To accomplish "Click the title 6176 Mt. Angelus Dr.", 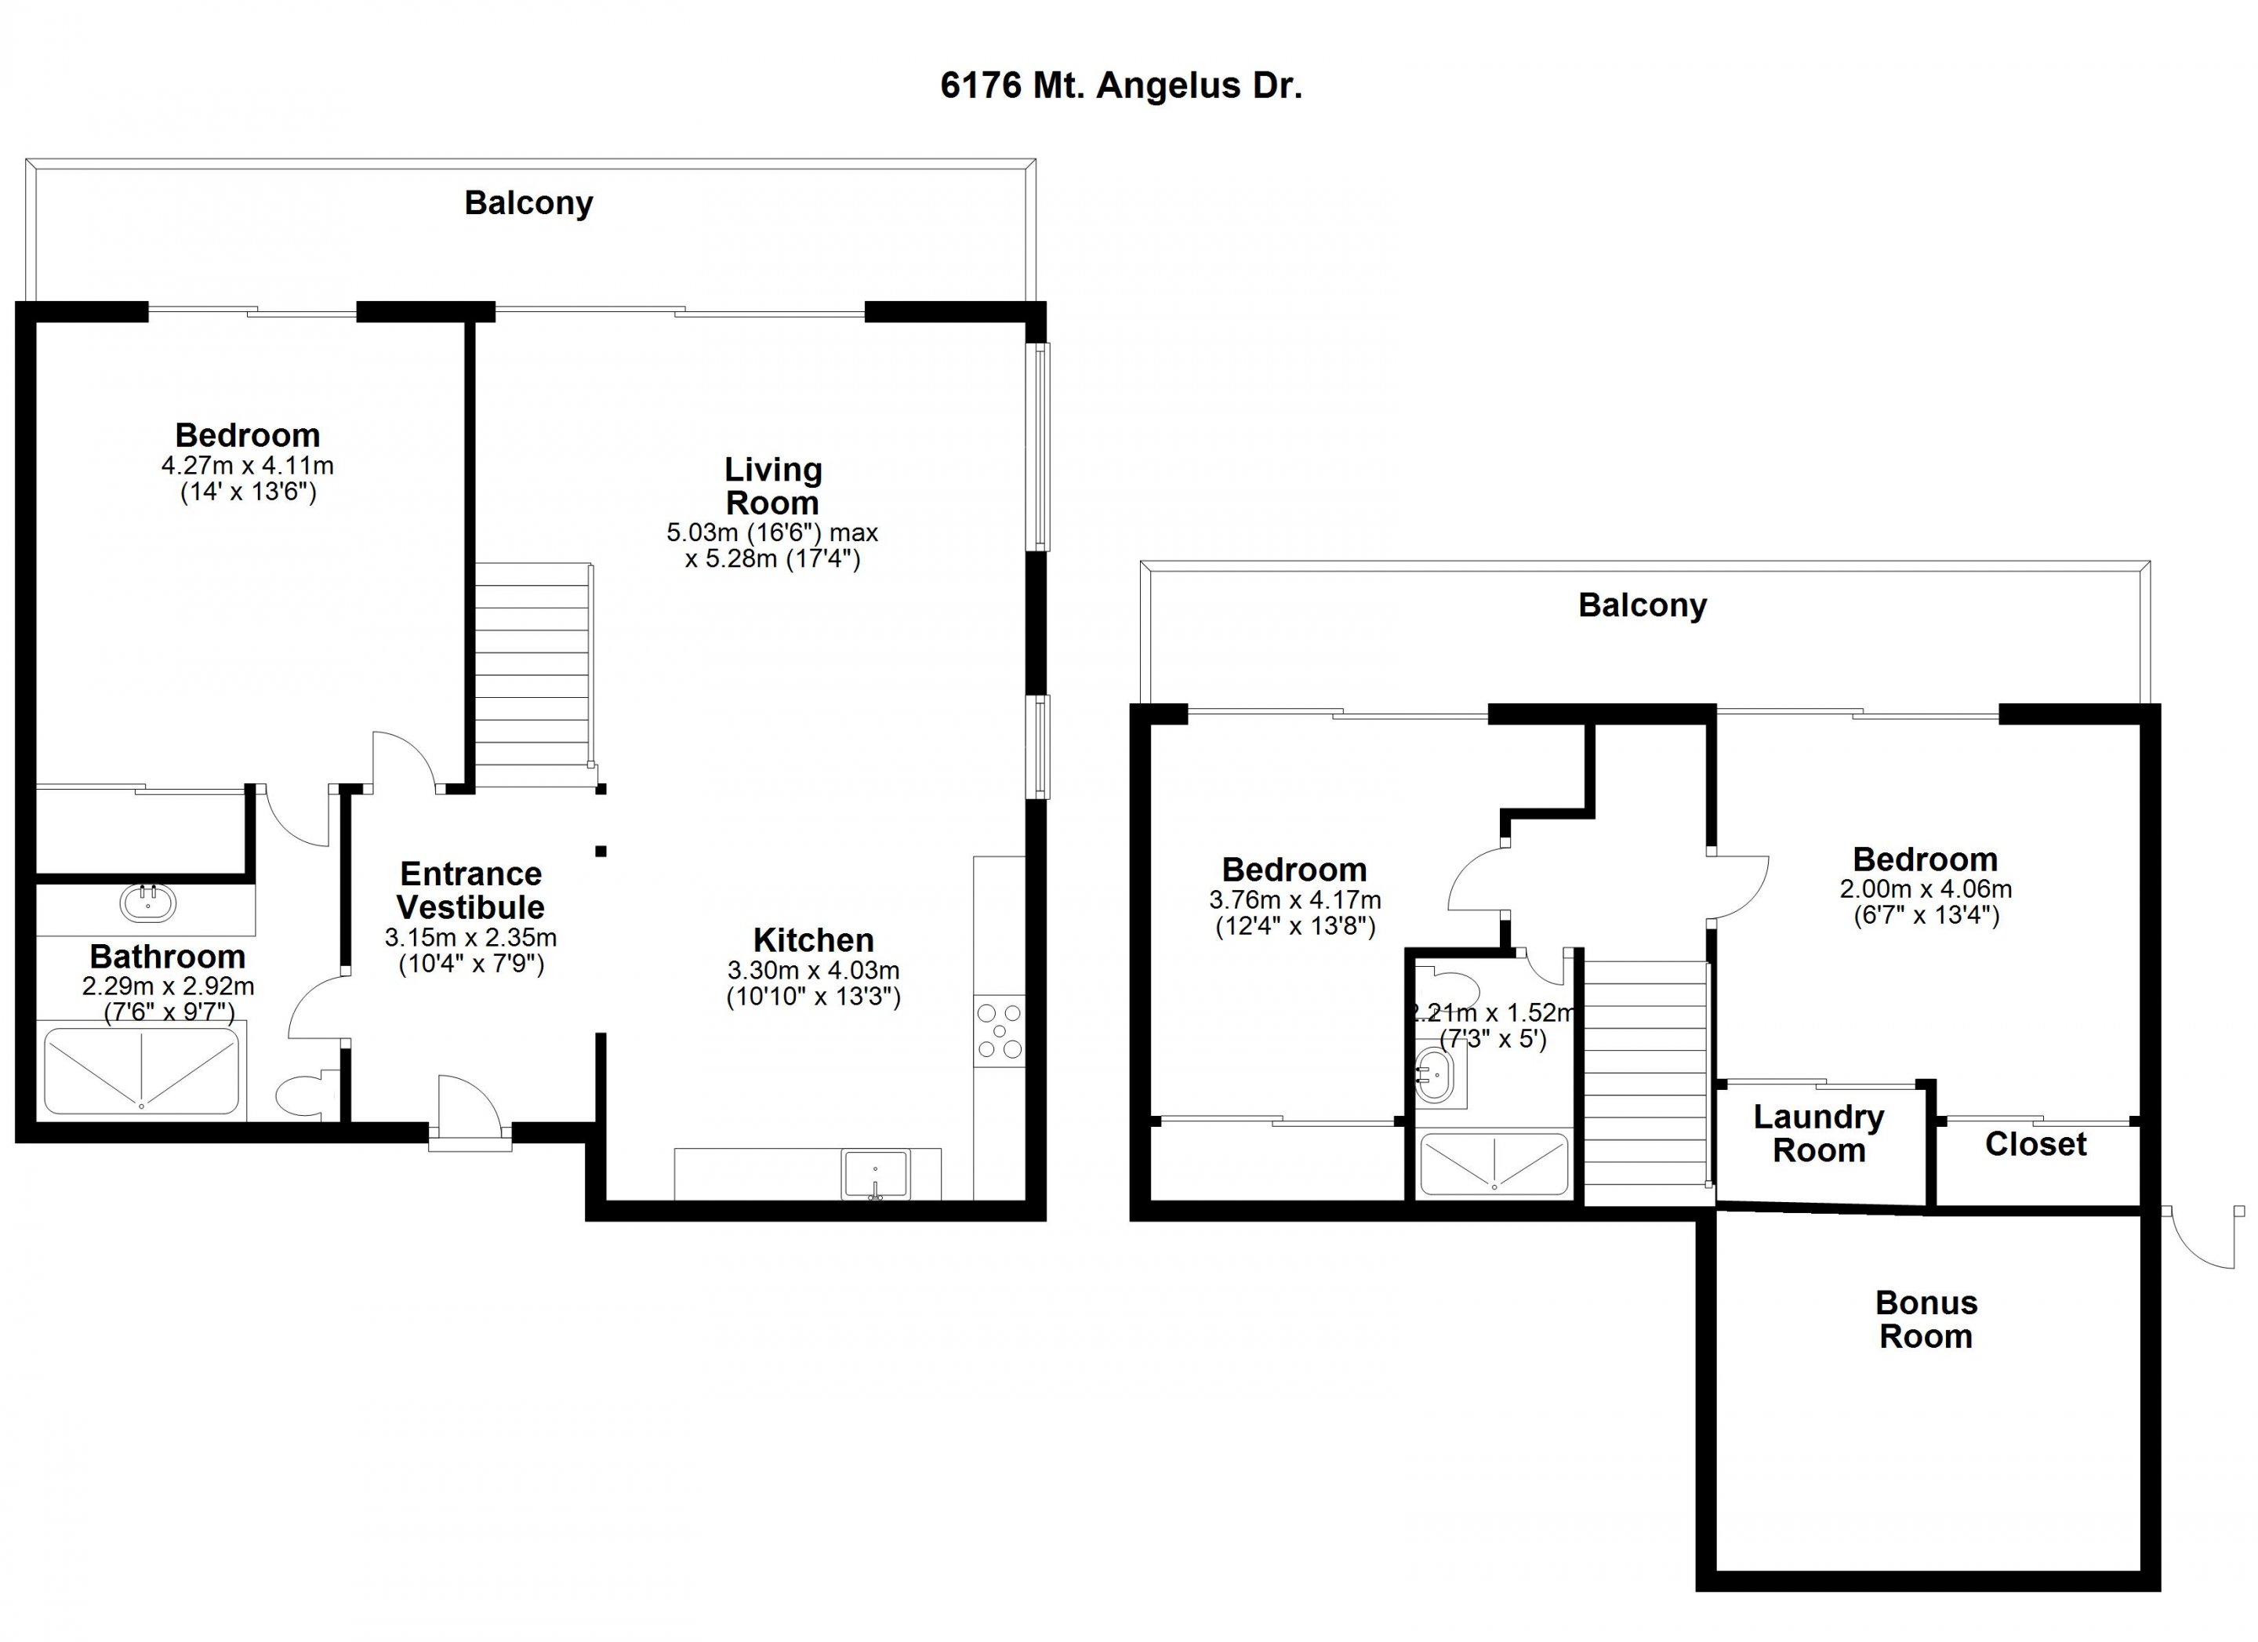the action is click(x=1121, y=85).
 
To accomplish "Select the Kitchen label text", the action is click(x=813, y=940).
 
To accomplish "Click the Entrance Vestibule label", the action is click(x=471, y=890).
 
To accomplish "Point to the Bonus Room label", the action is click(x=1926, y=1320).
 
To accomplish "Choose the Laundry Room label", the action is click(x=1819, y=1133).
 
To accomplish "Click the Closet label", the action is click(x=2036, y=1144).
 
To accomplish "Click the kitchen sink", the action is click(x=876, y=1174).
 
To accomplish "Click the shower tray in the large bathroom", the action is click(x=141, y=1070).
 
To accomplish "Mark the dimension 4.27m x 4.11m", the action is click(x=247, y=465).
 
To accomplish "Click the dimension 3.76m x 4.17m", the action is click(x=1294, y=900).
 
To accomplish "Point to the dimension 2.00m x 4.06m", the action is click(x=1926, y=889).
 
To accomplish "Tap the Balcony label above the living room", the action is click(x=528, y=203).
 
